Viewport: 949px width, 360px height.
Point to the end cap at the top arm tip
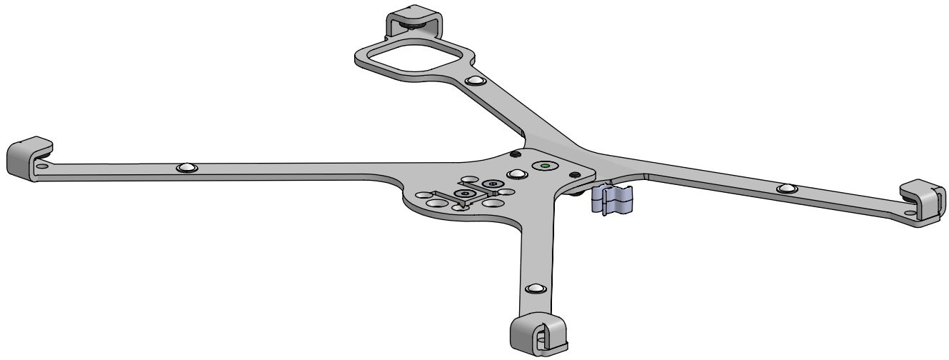414,21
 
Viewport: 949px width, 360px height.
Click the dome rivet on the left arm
186,167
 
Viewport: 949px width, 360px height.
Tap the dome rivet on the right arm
786,188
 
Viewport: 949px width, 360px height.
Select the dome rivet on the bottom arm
533,289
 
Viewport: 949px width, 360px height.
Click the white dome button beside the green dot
517,174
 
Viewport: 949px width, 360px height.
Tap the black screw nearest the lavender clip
573,175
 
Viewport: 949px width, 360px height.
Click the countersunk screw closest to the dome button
491,184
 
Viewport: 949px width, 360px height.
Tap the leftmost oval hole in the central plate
423,194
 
